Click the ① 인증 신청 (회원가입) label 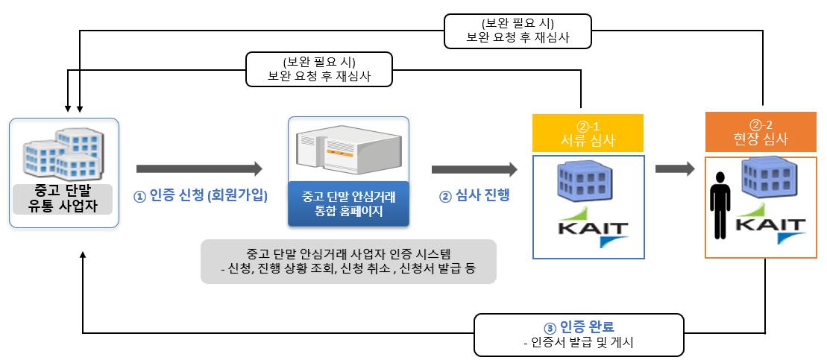[200, 197]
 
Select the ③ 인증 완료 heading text [580, 326]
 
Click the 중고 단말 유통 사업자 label [64, 199]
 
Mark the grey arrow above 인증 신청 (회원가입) [199, 169]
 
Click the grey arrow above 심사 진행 [474, 169]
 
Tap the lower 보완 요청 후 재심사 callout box [319, 69]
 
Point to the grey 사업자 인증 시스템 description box [348, 262]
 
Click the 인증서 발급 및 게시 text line [579, 343]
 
